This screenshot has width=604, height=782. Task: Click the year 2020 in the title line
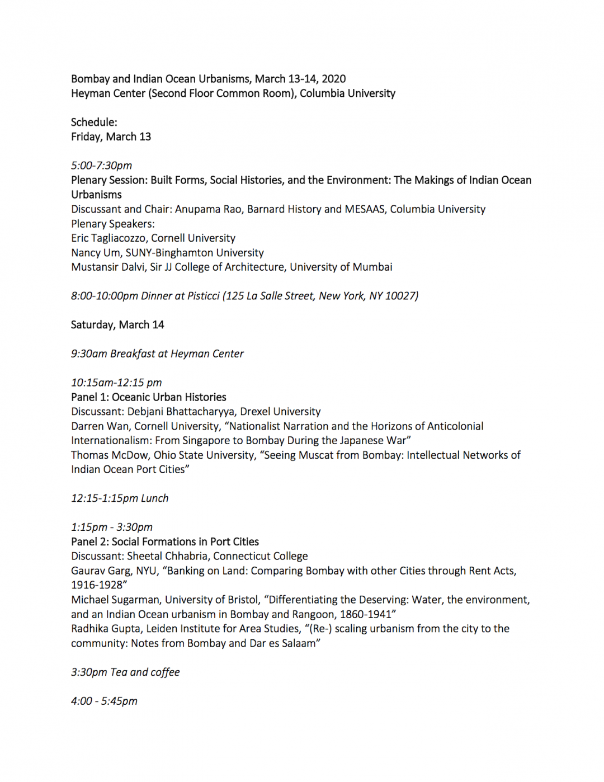click(333, 79)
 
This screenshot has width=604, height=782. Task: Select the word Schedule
click(93, 123)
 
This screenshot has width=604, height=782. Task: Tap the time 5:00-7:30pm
click(101, 166)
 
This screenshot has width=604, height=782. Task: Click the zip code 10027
click(402, 296)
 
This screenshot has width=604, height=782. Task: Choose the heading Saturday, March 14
click(117, 325)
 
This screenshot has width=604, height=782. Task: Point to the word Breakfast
click(133, 354)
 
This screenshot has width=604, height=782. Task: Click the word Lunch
click(154, 498)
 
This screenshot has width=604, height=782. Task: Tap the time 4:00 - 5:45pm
click(104, 701)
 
